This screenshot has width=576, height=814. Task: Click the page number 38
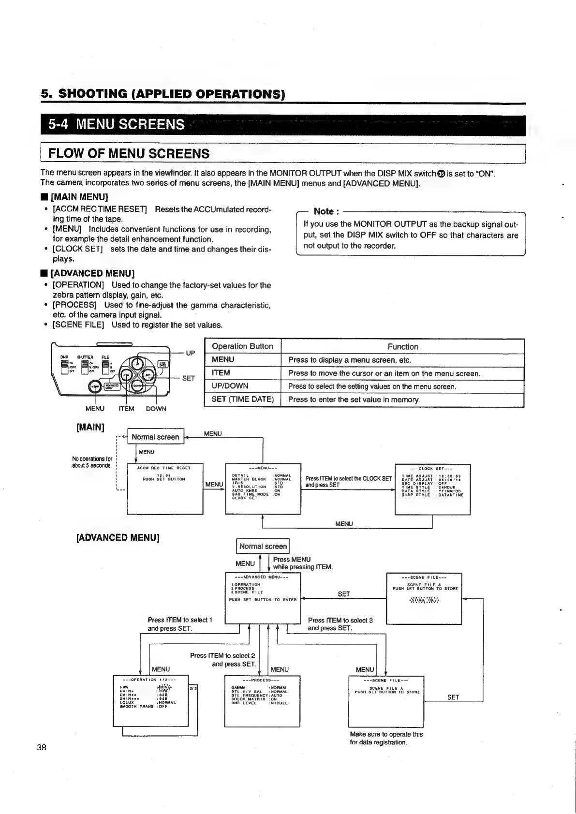42,747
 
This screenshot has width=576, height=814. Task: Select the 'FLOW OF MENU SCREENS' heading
128,154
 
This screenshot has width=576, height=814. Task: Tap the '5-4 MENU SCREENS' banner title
117,125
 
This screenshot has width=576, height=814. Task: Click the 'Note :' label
326,211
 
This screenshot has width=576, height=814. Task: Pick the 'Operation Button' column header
242,346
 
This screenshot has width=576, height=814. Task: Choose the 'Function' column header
402,347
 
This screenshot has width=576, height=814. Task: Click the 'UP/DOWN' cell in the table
230,386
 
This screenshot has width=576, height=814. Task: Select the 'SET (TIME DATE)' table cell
242,400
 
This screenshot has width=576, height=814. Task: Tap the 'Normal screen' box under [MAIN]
155,437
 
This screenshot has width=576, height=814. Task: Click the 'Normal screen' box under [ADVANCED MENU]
263,546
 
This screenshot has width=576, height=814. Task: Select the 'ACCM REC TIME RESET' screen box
165,488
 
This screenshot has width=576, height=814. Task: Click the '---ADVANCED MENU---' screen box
263,598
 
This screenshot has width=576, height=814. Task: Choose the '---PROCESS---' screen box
262,701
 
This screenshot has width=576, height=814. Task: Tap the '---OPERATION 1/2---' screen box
150,700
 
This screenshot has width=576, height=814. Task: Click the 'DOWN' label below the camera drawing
156,409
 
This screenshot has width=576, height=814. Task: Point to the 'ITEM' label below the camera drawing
126,409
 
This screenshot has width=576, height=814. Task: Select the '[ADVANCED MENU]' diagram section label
118,537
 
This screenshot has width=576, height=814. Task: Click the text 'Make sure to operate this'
386,734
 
